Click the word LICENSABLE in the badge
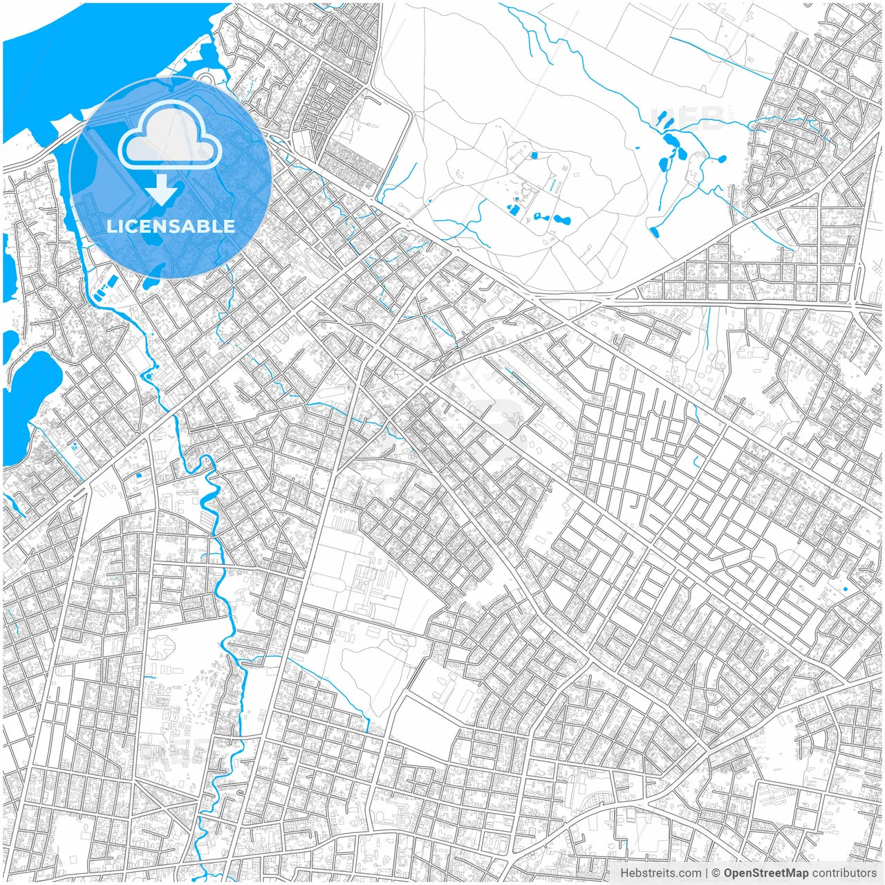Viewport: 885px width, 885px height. click(x=170, y=226)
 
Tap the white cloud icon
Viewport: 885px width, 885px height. click(x=170, y=136)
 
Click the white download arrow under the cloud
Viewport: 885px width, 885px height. click(x=162, y=189)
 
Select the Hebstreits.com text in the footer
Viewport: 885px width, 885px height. click(x=660, y=873)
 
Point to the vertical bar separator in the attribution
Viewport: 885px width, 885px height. click(x=706, y=873)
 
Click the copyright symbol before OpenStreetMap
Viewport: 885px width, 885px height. click(x=716, y=873)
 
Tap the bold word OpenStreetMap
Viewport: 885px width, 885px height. click(x=765, y=873)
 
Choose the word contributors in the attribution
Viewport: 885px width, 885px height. click(x=844, y=873)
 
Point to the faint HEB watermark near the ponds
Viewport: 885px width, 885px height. click(x=685, y=118)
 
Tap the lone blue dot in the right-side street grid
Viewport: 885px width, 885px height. click(x=845, y=588)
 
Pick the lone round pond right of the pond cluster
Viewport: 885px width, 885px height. click(x=722, y=159)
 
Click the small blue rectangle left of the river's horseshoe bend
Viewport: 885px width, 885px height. click(x=138, y=475)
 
